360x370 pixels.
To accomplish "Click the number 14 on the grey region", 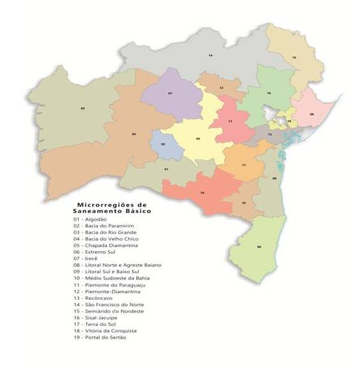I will [210, 56].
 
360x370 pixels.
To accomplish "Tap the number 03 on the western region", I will [83, 108].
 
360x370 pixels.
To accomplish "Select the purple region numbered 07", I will [170, 94].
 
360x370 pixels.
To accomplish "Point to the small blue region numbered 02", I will [163, 144].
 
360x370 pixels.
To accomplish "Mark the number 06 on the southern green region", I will [259, 247].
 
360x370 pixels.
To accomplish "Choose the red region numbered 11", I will [230, 121].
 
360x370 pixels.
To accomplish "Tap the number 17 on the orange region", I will [243, 165].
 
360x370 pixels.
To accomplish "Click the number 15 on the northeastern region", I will [294, 57].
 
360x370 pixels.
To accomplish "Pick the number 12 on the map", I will [221, 87].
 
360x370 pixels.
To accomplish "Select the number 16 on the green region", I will [270, 94].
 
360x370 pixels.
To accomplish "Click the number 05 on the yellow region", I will [198, 138].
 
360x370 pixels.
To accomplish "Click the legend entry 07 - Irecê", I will [89, 259].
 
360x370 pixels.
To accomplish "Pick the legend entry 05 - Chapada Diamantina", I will [106, 246].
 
